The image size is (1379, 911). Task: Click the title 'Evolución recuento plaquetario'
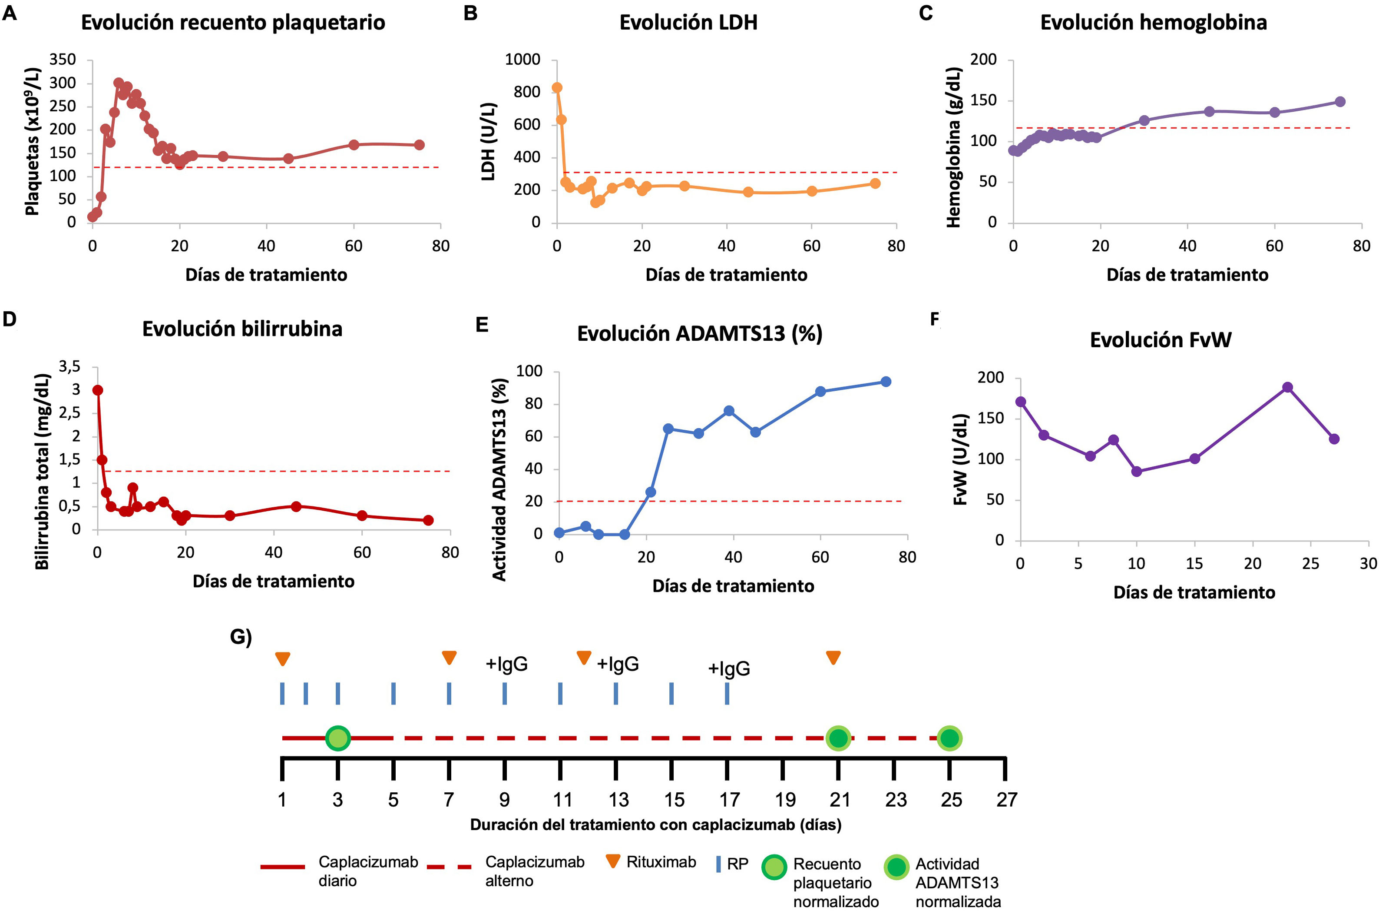click(233, 23)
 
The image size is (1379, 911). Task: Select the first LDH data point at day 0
click(557, 88)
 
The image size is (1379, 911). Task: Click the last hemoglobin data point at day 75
click(1340, 102)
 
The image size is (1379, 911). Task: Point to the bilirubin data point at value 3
click(98, 390)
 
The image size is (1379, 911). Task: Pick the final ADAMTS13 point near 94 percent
click(886, 382)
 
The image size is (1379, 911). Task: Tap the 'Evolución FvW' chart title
click(1160, 340)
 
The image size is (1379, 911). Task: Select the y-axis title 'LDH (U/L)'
click(489, 142)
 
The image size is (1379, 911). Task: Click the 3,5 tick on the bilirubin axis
click(69, 366)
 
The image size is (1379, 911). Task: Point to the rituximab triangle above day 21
click(833, 658)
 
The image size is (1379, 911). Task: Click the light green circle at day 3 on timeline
click(338, 738)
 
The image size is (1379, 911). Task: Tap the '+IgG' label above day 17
click(729, 669)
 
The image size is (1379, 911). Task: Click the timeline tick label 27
click(1006, 800)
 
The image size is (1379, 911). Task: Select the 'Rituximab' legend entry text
click(661, 862)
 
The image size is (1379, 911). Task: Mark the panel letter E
click(481, 325)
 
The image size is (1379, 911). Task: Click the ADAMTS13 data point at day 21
click(651, 492)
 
